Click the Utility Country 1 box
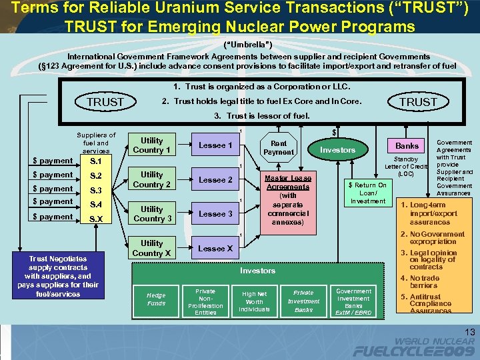pyautogui.click(x=151, y=145)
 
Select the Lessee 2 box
pyautogui.click(x=215, y=180)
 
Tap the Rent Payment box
pyautogui.click(x=278, y=147)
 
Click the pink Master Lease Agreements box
pyautogui.click(x=287, y=200)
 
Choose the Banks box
pyautogui.click(x=407, y=145)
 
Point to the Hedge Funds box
pyautogui.click(x=156, y=299)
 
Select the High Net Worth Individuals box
pyautogui.click(x=255, y=301)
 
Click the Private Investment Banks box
pyautogui.click(x=303, y=301)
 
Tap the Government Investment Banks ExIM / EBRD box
pyautogui.click(x=353, y=301)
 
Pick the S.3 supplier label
pyautogui.click(x=95, y=190)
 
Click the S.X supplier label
pyautogui.click(x=95, y=219)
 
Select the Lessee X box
pyautogui.click(x=215, y=248)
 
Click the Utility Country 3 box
pyautogui.click(x=151, y=214)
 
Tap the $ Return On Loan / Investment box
pyautogui.click(x=367, y=193)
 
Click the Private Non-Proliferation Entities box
pyautogui.click(x=205, y=301)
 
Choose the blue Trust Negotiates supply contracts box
pyautogui.click(x=58, y=276)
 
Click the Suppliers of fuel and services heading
pyautogui.click(x=95, y=143)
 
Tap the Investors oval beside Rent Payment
pyautogui.click(x=337, y=150)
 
